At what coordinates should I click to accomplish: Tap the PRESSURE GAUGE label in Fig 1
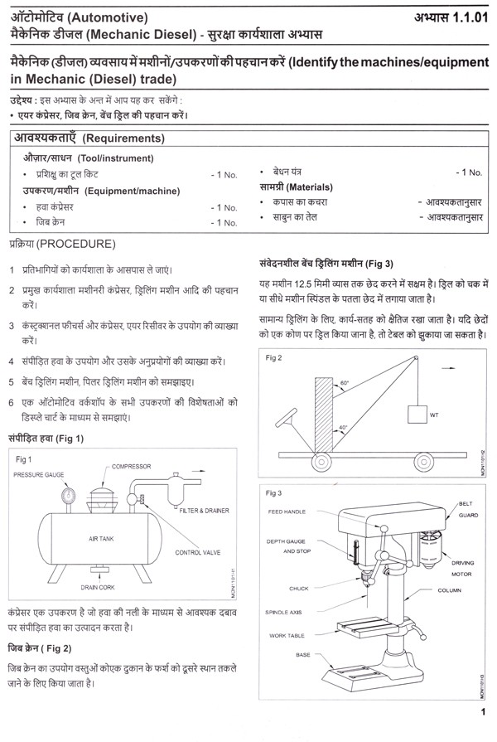click(41, 475)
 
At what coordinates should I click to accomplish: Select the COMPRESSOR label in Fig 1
click(132, 467)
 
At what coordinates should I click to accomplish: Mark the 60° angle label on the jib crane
click(344, 384)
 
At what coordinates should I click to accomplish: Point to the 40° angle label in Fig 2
click(344, 426)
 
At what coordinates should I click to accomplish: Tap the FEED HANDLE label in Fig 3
click(287, 512)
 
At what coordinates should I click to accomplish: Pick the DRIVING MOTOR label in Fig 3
click(463, 568)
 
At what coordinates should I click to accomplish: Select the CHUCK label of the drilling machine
click(298, 589)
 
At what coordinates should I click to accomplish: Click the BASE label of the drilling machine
click(303, 655)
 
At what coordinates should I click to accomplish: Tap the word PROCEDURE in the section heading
click(77, 245)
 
